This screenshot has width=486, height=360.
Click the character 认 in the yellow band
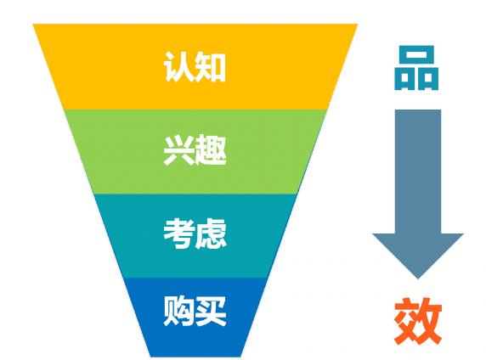[178, 67]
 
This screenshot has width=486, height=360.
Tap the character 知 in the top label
[211, 67]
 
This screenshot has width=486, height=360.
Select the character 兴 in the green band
[179, 149]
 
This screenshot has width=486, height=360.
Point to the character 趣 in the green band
[211, 149]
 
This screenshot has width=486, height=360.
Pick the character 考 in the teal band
[179, 233]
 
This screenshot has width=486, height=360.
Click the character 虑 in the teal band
[211, 233]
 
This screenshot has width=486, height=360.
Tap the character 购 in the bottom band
[178, 311]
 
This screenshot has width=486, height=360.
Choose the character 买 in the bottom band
[211, 311]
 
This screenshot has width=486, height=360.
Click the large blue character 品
[416, 68]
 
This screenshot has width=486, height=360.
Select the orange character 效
[418, 321]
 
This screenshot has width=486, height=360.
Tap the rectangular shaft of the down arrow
[418, 172]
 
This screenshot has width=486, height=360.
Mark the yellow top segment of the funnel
[195, 66]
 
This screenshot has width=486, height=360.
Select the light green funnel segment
[195, 152]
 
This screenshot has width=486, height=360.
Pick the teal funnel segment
[195, 236]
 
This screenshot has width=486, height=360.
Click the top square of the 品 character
[417, 55]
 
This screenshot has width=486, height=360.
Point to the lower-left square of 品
[404, 79]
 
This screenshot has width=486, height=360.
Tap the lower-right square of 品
[428, 79]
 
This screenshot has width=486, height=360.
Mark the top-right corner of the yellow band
[358, 24]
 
